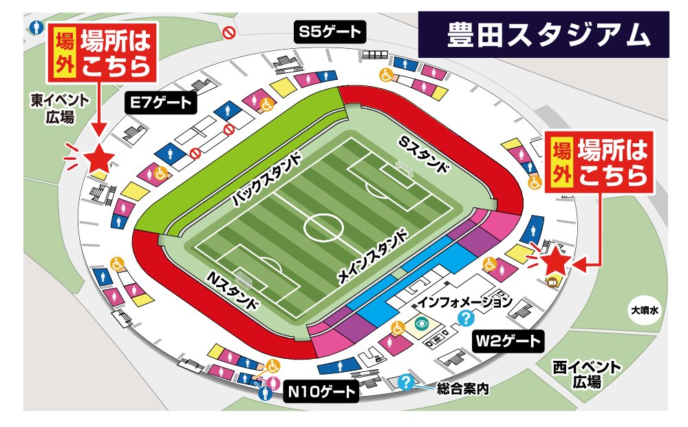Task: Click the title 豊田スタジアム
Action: click(x=548, y=33)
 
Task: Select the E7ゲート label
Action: click(x=162, y=103)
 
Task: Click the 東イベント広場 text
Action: click(x=60, y=109)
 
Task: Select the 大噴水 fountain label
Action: click(x=645, y=311)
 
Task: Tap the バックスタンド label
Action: click(x=266, y=180)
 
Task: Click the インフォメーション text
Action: click(x=465, y=301)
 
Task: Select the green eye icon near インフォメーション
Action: click(x=420, y=322)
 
